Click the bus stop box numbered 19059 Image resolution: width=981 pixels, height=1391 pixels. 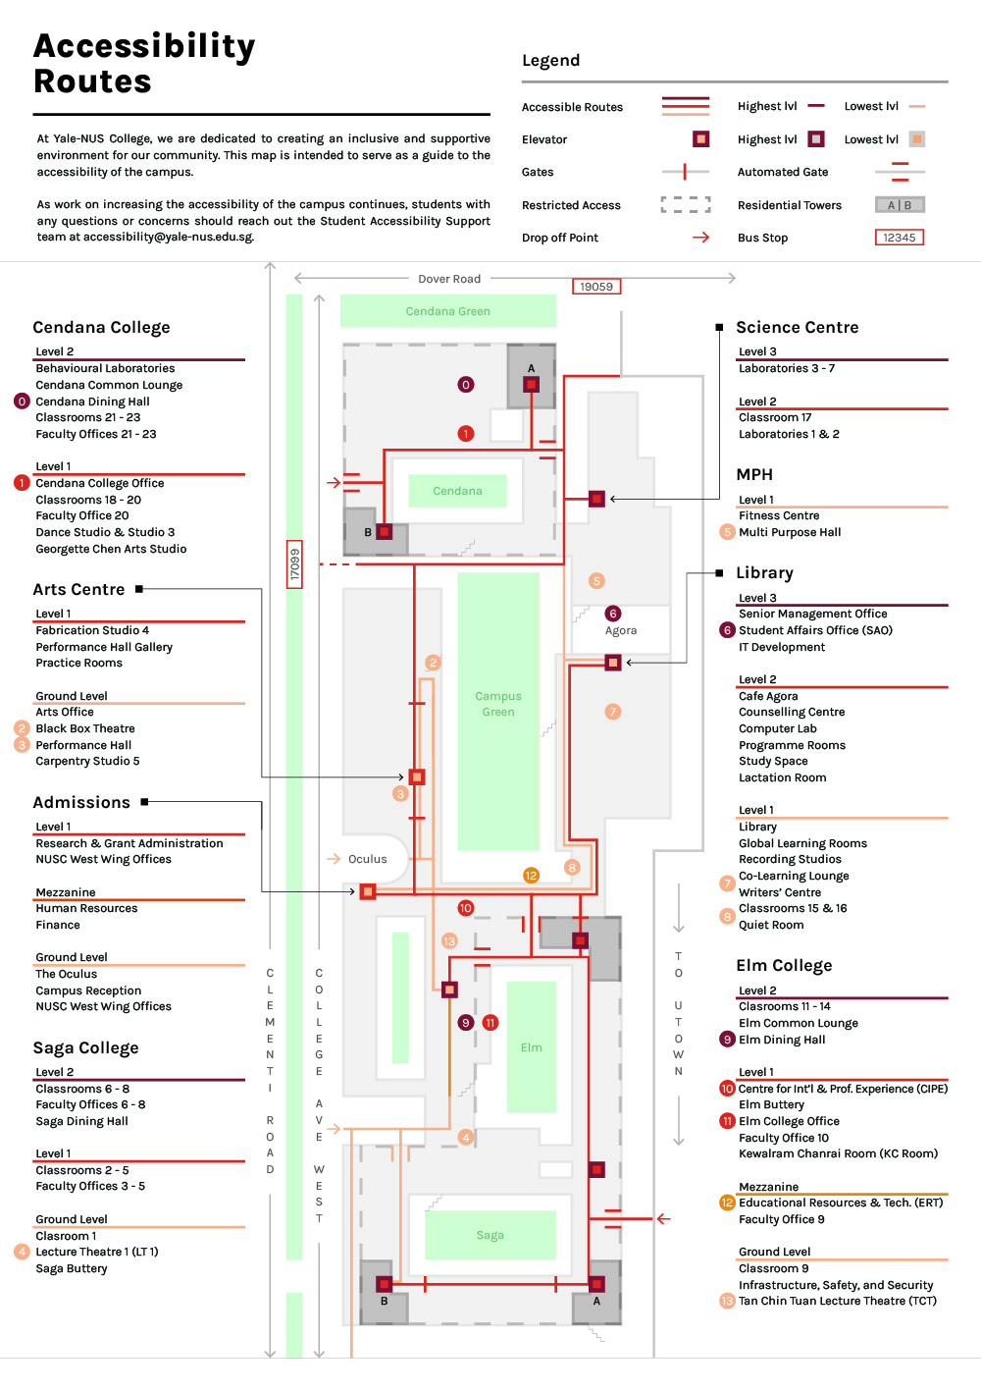coord(595,287)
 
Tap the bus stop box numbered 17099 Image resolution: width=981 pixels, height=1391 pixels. coord(294,563)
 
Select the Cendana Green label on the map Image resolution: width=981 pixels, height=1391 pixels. coord(447,311)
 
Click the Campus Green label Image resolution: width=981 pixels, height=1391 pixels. coord(498,704)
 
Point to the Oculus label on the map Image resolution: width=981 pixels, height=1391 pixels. coord(367,859)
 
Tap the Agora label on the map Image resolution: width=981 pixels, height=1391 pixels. coord(621,630)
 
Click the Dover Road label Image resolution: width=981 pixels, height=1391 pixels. coord(449,279)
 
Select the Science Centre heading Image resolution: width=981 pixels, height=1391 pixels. coord(797,327)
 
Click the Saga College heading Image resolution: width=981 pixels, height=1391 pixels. coord(85,1048)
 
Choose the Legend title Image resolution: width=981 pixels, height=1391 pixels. coord(551,60)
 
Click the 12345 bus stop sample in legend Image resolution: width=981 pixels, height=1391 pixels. coord(900,238)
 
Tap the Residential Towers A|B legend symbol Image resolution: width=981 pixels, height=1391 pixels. coord(900,205)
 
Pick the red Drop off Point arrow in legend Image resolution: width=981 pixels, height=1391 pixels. coord(701,238)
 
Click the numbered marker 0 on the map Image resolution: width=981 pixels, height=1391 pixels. coord(465,385)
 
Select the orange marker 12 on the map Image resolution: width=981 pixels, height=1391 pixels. coord(531,876)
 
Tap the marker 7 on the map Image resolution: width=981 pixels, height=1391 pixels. coord(612,712)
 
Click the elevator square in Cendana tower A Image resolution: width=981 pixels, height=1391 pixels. coord(531,385)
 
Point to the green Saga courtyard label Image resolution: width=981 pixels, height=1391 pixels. coord(490,1235)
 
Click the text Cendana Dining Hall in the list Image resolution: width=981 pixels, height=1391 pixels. coord(92,401)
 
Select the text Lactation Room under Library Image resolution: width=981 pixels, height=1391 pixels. coord(782,777)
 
